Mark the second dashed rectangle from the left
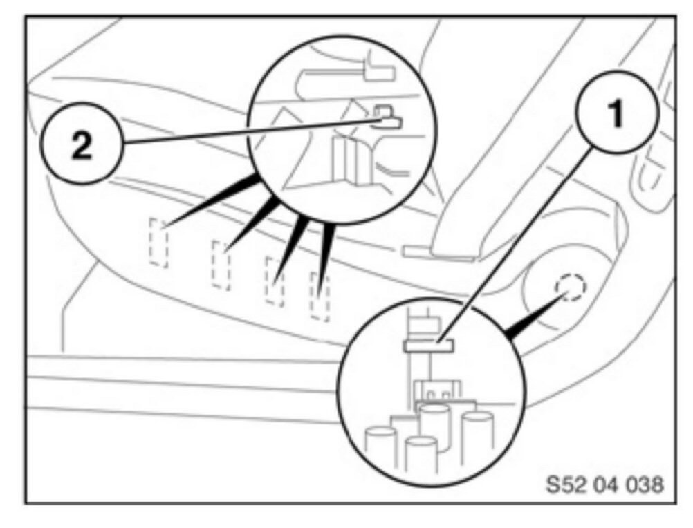[x=221, y=265]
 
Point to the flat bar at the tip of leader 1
[x=428, y=344]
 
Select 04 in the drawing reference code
[x=602, y=484]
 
